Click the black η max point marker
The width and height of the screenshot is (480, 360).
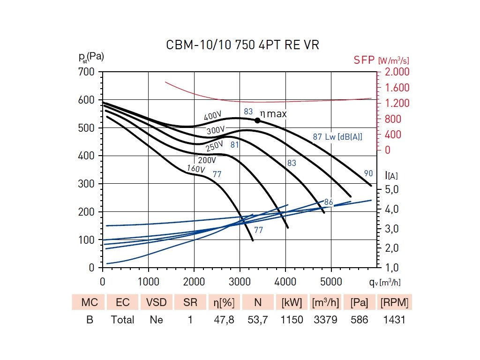click(x=257, y=120)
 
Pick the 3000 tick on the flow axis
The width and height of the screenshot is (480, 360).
click(x=240, y=282)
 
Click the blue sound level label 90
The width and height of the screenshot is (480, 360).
click(x=368, y=173)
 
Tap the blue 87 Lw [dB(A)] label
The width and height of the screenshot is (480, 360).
click(x=337, y=137)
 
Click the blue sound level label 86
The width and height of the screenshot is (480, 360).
click(x=329, y=202)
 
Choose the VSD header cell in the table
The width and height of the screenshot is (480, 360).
click(x=157, y=302)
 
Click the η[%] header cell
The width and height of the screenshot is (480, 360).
click(x=224, y=302)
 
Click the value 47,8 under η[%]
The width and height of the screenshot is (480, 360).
click(x=224, y=320)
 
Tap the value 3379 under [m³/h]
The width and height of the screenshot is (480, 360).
click(x=325, y=320)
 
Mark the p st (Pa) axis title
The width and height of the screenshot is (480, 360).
click(x=91, y=57)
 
